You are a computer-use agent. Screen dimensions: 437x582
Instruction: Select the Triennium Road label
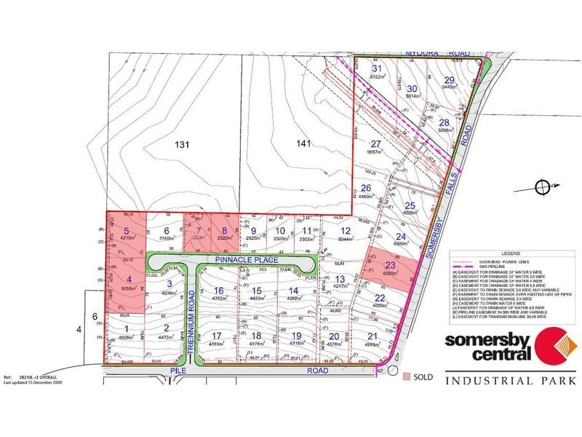coord(193,320)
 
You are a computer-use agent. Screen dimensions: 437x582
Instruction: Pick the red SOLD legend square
coord(407,377)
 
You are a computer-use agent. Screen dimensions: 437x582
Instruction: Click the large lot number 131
coord(182,144)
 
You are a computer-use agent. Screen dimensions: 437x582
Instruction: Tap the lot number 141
coord(304,144)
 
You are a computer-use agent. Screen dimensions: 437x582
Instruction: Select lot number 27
coord(375,143)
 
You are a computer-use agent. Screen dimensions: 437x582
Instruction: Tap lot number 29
coord(449,80)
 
